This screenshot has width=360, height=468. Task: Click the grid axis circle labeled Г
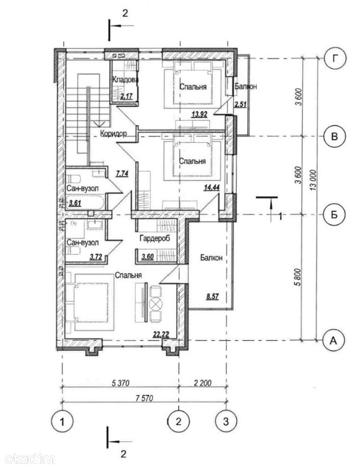pyautogui.click(x=335, y=59)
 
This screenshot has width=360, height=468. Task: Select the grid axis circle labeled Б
pyautogui.click(x=335, y=214)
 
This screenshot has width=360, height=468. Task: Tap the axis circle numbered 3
pyautogui.click(x=226, y=422)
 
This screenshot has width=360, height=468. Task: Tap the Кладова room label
pyautogui.click(x=125, y=80)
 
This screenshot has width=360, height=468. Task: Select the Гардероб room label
pyautogui.click(x=155, y=238)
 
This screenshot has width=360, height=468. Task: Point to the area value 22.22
pyautogui.click(x=161, y=335)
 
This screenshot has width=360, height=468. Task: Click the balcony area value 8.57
pyautogui.click(x=212, y=297)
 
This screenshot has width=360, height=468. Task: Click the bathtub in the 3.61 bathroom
pyautogui.click(x=85, y=203)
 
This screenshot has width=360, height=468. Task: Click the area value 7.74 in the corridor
pyautogui.click(x=122, y=173)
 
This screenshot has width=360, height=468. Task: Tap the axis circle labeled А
pyautogui.click(x=334, y=340)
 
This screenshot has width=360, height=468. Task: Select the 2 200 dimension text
pyautogui.click(x=202, y=383)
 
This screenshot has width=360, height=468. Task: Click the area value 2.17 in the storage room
pyautogui.click(x=127, y=96)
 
